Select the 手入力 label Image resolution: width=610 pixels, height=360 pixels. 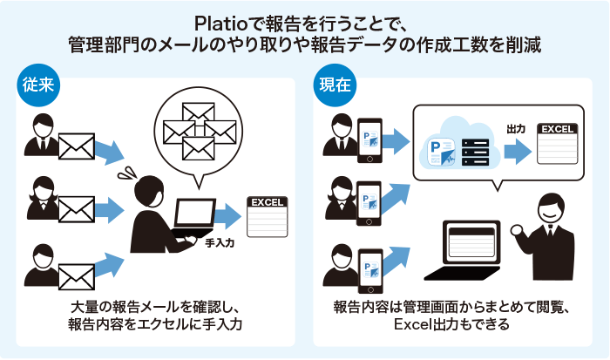click(x=222, y=246)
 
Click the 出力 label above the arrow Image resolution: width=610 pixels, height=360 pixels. click(x=516, y=128)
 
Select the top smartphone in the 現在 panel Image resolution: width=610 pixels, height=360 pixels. click(x=369, y=139)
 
